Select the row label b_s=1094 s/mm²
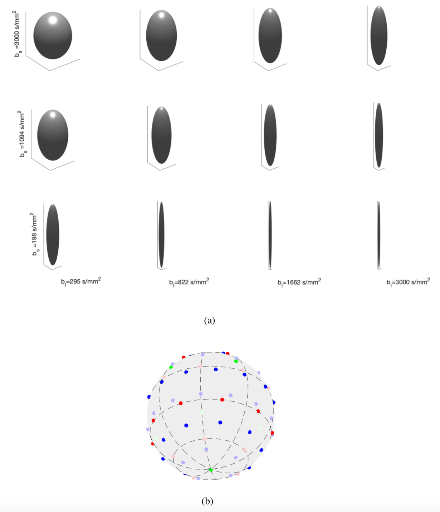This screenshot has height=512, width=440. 23,134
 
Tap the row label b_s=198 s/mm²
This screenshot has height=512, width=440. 35,234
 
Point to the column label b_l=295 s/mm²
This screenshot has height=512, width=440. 81,281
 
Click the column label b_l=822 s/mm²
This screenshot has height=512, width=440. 189,282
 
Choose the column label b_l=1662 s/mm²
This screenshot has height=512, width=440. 299,282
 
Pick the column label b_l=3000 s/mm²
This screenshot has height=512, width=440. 408,282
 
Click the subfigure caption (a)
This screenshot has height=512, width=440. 209,320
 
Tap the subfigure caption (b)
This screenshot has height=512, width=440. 207,501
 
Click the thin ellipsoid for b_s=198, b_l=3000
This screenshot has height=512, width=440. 378,235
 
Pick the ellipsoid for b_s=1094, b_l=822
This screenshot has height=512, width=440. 161,135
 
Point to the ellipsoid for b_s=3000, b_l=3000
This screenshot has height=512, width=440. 379,35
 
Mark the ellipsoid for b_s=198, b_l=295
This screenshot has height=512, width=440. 53,235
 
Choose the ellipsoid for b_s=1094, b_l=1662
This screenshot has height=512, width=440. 270,135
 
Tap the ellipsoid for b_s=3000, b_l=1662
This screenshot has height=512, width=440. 270,35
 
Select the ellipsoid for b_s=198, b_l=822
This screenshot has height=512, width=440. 161,235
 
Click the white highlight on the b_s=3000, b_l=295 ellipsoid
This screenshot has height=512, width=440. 53,20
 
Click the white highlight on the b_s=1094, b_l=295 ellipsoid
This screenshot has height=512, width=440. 53,115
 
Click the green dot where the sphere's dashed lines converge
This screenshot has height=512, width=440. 211,470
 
